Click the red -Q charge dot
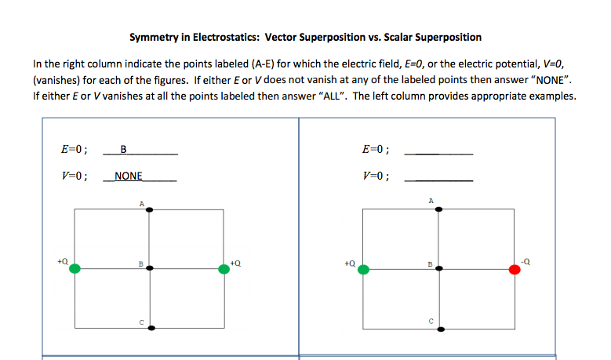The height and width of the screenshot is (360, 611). pos(515,269)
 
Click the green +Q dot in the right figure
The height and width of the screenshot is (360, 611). pos(363,269)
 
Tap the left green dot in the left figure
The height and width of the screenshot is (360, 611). pos(75,268)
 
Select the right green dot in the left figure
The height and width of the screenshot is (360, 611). pos(224,268)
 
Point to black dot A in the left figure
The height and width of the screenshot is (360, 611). pos(150,209)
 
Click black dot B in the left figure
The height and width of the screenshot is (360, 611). pos(150,268)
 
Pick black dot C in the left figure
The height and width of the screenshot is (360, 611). pos(150,327)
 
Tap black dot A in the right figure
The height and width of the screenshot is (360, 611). pos(438,209)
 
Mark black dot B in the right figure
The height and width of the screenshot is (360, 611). pos(438,268)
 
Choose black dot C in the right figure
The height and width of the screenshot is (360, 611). pos(438,327)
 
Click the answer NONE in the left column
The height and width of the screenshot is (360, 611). pos(128,176)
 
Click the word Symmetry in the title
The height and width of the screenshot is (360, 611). pos(152,37)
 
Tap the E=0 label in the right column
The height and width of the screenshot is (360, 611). pos(376,149)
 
